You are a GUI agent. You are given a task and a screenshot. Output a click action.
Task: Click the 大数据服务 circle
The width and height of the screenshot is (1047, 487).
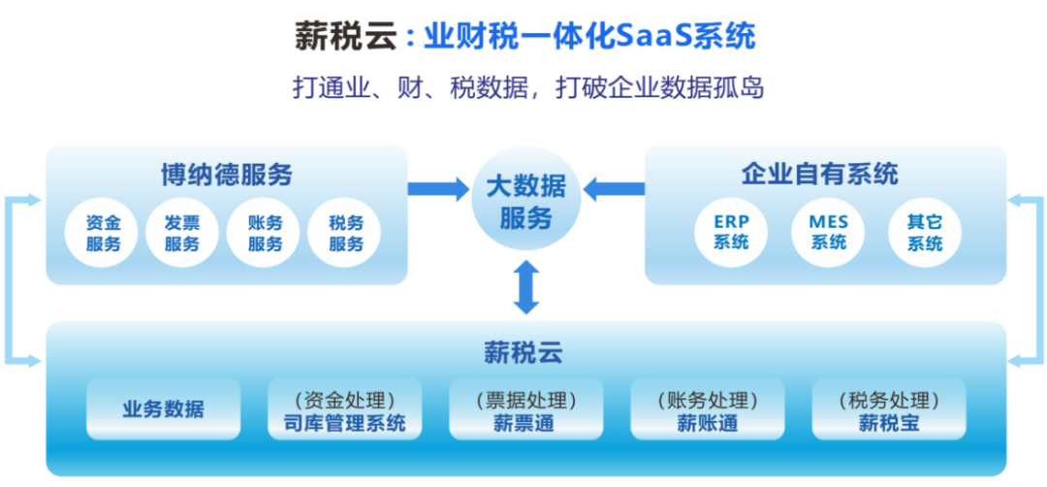525,201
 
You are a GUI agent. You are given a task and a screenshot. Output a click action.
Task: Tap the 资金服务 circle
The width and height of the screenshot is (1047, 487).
104,233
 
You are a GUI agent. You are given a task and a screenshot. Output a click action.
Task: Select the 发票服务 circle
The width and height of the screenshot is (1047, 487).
181,233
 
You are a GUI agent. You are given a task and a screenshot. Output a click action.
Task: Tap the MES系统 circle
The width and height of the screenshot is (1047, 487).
828,232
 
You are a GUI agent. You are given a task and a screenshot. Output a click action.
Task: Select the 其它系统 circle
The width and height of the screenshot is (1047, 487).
924,232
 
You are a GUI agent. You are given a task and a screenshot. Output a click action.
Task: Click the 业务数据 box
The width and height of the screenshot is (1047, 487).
163,409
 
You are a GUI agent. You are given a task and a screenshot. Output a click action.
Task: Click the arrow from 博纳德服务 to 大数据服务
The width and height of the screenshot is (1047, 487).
437,188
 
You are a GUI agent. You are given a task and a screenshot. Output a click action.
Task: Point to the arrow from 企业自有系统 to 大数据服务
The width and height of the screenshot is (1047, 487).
614,188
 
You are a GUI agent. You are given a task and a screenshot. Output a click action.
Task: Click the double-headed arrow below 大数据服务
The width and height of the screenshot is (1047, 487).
525,286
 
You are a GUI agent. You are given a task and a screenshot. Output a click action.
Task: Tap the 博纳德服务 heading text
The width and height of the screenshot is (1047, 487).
227,175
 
